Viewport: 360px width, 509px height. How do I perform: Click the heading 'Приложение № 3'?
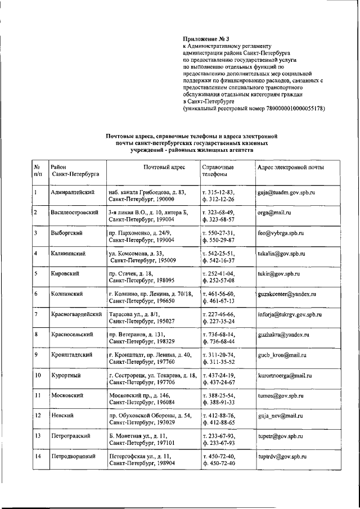click(202, 39)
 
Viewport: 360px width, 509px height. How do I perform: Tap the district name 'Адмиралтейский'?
click(72, 192)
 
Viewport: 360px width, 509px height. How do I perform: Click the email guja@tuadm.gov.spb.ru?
click(286, 192)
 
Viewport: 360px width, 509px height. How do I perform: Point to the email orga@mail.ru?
click(273, 213)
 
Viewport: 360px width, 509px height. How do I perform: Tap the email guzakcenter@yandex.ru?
click(286, 294)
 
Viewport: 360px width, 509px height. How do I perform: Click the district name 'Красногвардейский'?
click(76, 314)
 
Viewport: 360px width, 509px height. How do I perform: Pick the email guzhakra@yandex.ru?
click(282, 334)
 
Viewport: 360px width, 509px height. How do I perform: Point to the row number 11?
click(38, 395)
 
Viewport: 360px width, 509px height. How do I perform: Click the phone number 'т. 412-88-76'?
click(218, 415)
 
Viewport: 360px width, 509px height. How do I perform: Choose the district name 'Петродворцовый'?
click(73, 456)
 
